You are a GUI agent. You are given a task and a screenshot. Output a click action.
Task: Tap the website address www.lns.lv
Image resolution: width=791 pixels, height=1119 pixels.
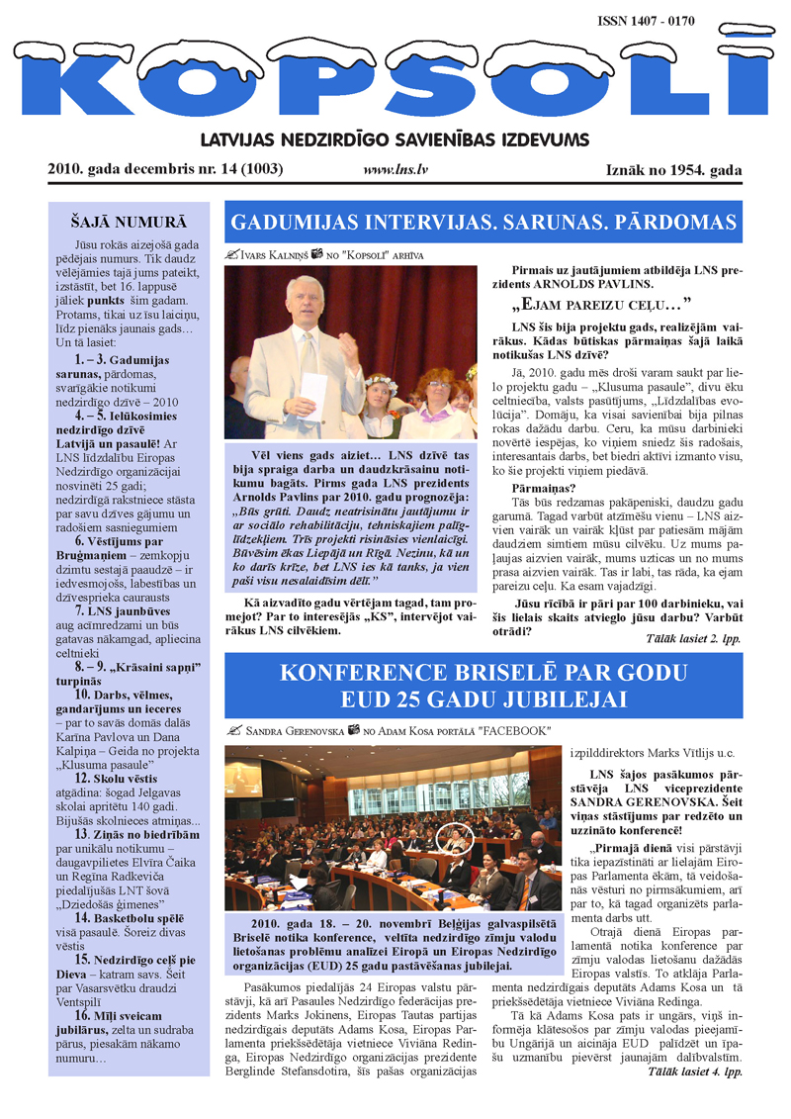[x=395, y=170]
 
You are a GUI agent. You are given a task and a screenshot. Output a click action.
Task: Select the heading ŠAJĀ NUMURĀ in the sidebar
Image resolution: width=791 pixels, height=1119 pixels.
[x=129, y=222]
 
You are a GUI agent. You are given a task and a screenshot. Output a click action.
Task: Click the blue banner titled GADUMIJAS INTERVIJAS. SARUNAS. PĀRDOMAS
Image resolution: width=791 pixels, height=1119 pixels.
[x=483, y=222]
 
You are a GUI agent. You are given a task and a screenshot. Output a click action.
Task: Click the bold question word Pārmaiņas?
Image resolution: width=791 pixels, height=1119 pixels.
[x=544, y=488]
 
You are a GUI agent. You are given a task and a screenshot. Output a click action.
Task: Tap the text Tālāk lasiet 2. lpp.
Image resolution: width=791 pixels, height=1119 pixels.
[x=691, y=639]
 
